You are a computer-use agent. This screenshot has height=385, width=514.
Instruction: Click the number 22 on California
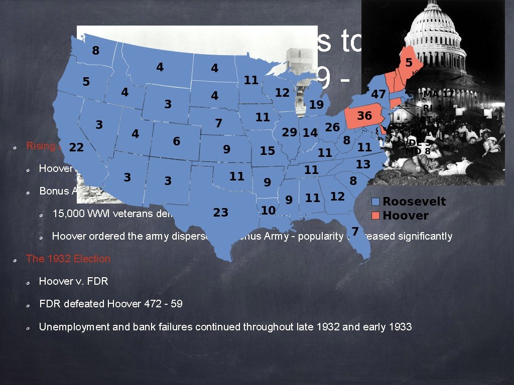[x=76, y=147]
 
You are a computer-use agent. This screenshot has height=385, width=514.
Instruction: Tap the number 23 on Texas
[x=221, y=213]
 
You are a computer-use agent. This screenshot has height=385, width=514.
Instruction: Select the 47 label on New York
[x=378, y=94]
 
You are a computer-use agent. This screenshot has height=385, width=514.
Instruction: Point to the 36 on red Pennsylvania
[x=364, y=116]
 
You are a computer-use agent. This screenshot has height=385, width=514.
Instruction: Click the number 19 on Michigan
[x=316, y=105]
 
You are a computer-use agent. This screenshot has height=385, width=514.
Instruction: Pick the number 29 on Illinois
[x=290, y=132]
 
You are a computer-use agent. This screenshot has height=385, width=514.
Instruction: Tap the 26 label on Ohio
[x=332, y=127]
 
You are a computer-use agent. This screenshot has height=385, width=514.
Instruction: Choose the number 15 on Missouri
[x=268, y=150]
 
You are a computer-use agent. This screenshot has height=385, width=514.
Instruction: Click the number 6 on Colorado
[x=177, y=142]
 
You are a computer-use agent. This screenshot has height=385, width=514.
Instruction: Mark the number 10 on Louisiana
[x=269, y=210]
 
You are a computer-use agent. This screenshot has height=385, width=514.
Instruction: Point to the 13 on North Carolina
[x=363, y=164]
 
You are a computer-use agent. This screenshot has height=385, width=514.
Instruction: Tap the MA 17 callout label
[x=438, y=94]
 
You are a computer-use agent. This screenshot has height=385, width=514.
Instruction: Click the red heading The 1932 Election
[x=68, y=259]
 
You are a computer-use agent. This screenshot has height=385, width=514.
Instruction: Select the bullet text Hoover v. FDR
[x=73, y=281]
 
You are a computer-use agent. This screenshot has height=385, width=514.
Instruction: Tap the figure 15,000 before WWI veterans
[x=69, y=213]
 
